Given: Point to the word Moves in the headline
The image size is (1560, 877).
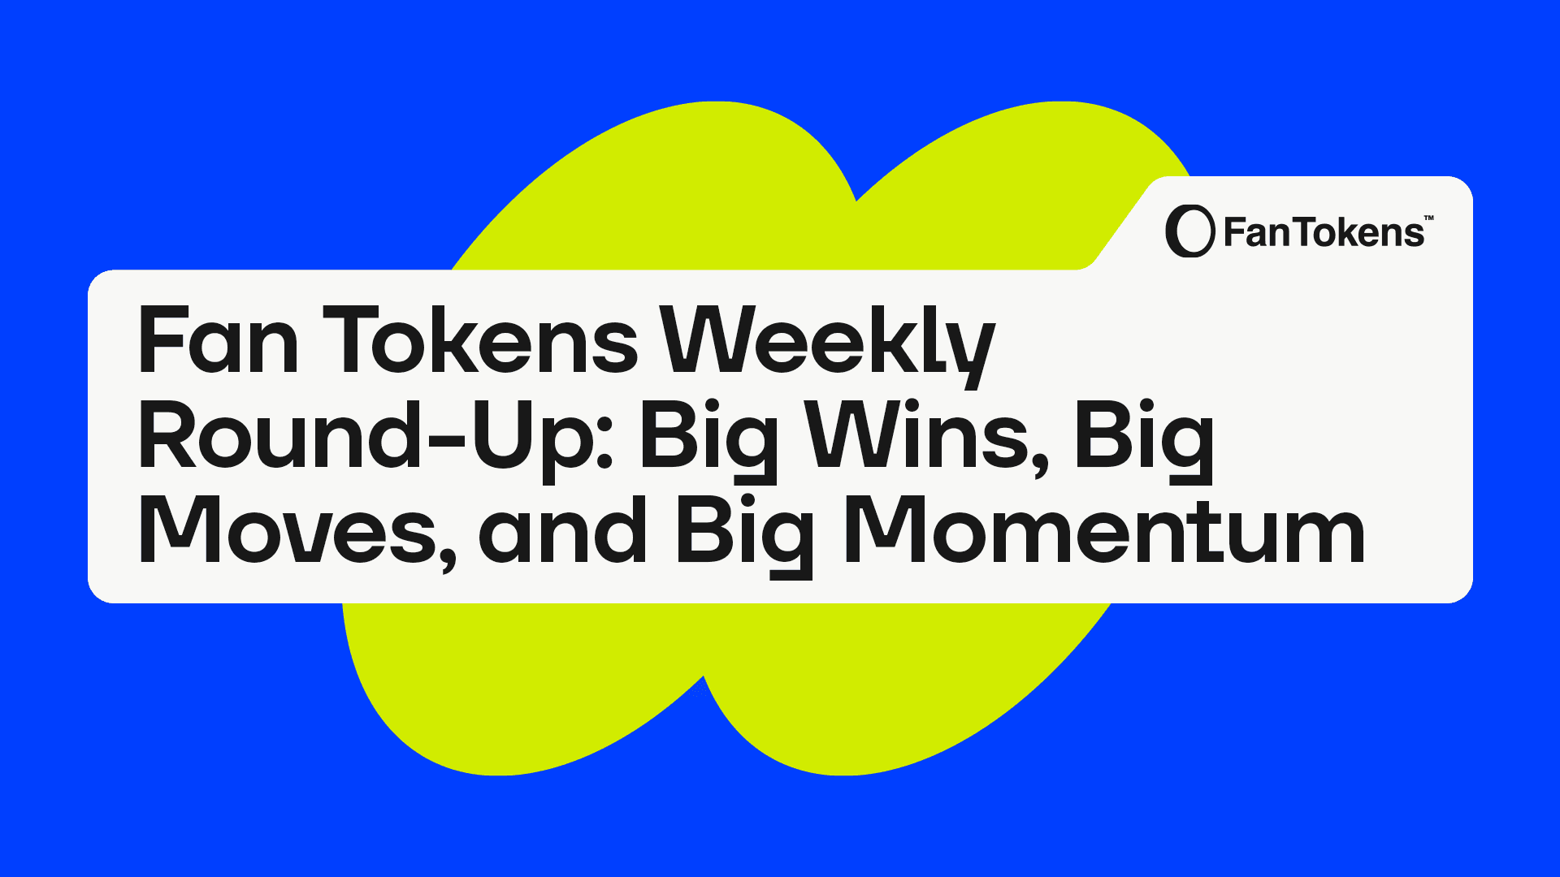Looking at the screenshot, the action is [x=297, y=532].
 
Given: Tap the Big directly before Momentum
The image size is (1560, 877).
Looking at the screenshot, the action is [x=744, y=537].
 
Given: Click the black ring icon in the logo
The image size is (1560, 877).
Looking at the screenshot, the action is [x=1189, y=231].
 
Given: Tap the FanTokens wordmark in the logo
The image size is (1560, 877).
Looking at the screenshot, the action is [x=1324, y=233].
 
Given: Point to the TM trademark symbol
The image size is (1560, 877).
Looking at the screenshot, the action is [x=1429, y=218].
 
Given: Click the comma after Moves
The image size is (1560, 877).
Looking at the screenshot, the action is [x=448, y=560].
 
